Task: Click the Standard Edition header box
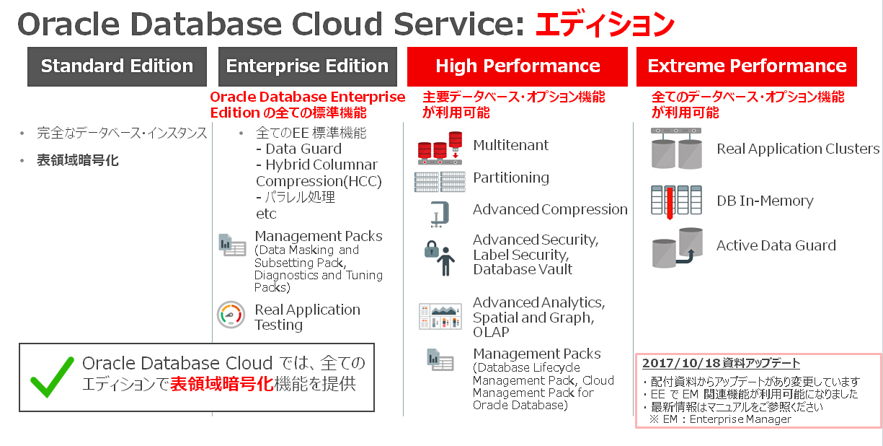pyautogui.click(x=117, y=66)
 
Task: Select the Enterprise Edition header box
pyautogui.click(x=307, y=66)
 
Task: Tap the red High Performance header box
pyautogui.click(x=518, y=66)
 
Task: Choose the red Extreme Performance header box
pyautogui.click(x=747, y=66)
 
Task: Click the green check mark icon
pyautogui.click(x=51, y=377)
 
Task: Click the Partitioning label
pyautogui.click(x=510, y=178)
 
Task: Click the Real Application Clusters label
pyautogui.click(x=797, y=149)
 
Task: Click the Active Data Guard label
pyautogui.click(x=776, y=245)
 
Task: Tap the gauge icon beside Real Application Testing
pyautogui.click(x=231, y=315)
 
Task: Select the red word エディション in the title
pyautogui.click(x=604, y=24)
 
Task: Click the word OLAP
pyautogui.click(x=491, y=332)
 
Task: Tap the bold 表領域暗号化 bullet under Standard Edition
pyautogui.click(x=78, y=160)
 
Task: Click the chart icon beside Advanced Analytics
pyautogui.click(x=440, y=315)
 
